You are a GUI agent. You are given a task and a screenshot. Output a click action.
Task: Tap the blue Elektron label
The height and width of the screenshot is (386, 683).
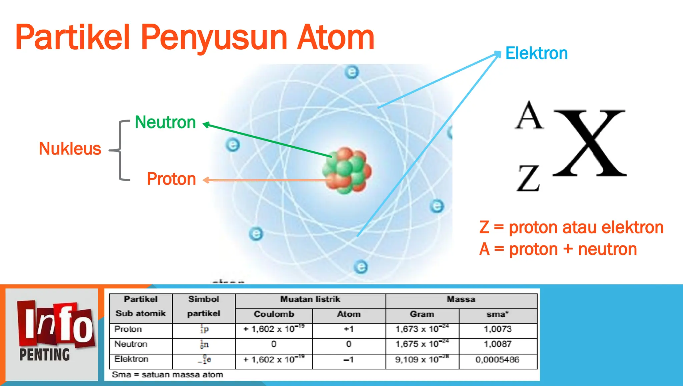(x=536, y=53)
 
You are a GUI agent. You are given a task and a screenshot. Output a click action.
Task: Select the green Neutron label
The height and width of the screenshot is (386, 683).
(x=165, y=122)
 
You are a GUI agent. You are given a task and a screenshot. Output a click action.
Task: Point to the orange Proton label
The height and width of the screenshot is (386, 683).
(x=171, y=179)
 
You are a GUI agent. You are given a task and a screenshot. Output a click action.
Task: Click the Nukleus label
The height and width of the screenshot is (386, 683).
(x=70, y=149)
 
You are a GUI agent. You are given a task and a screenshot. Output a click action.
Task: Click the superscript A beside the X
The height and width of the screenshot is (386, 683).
(x=529, y=116)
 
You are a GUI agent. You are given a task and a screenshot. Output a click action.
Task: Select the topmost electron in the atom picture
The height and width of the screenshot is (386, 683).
(x=352, y=72)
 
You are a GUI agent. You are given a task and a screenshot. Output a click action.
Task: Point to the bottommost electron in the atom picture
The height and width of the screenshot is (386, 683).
(x=361, y=267)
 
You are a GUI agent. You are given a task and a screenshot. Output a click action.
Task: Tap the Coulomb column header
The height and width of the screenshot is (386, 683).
(x=274, y=314)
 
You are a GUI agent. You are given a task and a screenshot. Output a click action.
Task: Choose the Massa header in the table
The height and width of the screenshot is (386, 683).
(x=461, y=299)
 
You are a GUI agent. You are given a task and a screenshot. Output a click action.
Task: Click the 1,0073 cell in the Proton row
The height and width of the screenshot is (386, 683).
(x=498, y=329)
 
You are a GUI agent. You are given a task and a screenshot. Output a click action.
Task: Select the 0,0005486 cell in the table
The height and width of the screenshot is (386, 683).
(x=498, y=360)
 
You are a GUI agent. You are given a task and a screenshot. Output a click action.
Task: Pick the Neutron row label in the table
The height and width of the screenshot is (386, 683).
(x=131, y=344)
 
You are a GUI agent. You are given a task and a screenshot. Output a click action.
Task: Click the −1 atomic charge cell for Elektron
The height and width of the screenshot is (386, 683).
(x=349, y=360)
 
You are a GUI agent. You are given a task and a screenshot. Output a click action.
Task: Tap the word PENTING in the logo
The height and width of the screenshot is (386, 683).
(x=45, y=355)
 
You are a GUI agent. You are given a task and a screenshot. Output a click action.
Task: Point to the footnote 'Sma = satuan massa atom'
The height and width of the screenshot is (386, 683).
(x=167, y=375)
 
